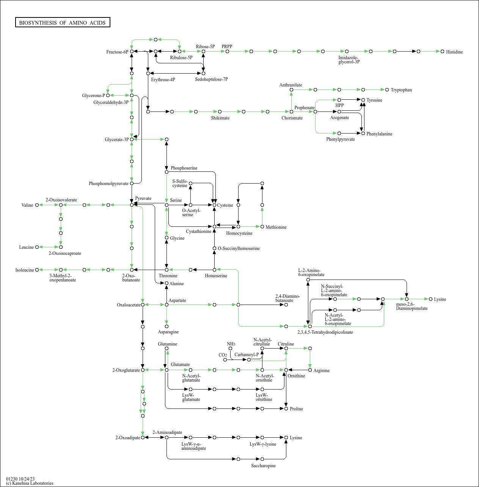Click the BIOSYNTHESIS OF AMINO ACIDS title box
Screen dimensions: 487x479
tap(63, 23)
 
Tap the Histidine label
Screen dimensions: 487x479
tap(454, 52)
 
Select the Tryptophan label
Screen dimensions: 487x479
tap(401, 90)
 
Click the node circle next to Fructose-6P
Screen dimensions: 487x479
tap(132, 51)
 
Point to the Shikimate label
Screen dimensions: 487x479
tap(220, 118)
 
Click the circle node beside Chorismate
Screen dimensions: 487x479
tap(291, 112)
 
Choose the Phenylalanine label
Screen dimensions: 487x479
tap(379, 134)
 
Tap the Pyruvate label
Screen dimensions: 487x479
tap(143, 198)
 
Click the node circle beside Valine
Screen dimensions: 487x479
tap(37, 205)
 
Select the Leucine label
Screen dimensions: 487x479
tap(27, 247)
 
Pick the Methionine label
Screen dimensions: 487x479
tap(276, 227)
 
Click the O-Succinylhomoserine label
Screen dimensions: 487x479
tap(239, 248)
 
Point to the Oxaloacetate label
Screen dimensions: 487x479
tap(129, 305)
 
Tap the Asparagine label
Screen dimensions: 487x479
tap(168, 332)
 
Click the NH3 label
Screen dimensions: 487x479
tap(231, 344)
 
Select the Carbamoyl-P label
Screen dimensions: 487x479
tap(247, 355)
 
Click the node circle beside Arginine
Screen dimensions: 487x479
tap(310, 370)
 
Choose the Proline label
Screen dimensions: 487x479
tap(296, 409)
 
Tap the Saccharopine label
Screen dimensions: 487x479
tap(263, 466)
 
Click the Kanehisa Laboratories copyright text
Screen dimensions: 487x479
tap(30, 483)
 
